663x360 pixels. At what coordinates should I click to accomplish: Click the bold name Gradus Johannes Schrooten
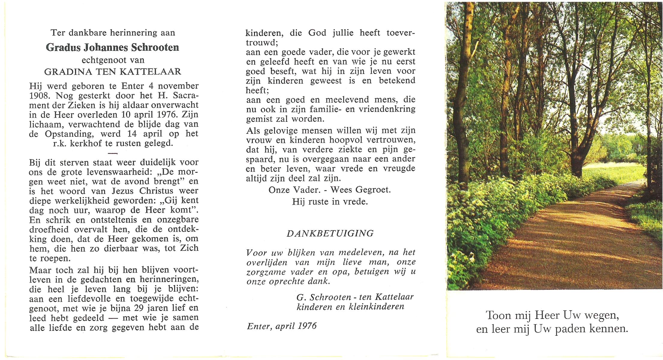pyautogui.click(x=112, y=47)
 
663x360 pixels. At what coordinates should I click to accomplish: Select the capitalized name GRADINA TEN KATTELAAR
pyautogui.click(x=113, y=72)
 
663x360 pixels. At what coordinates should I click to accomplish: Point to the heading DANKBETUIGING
pyautogui.click(x=330, y=234)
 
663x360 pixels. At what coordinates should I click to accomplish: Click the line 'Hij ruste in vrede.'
pyautogui.click(x=330, y=202)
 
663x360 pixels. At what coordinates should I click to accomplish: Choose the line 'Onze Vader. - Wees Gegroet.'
pyautogui.click(x=330, y=190)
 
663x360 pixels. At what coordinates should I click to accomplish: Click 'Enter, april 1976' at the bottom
pyautogui.click(x=282, y=326)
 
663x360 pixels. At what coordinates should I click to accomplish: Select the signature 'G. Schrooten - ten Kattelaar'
pyautogui.click(x=355, y=297)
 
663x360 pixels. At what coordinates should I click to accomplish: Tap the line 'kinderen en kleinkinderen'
pyautogui.click(x=350, y=307)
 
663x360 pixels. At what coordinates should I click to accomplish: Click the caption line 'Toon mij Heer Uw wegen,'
pyautogui.click(x=552, y=316)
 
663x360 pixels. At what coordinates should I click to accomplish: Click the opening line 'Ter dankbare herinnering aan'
pyautogui.click(x=113, y=33)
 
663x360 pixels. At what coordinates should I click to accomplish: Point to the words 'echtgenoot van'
pyautogui.click(x=113, y=60)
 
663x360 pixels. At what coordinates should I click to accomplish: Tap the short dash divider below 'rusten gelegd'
pyautogui.click(x=112, y=153)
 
